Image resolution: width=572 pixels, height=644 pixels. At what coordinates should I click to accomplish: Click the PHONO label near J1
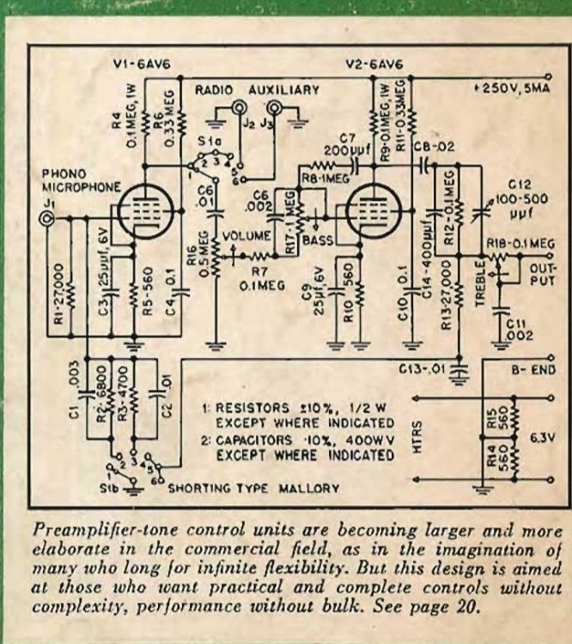click(x=60, y=173)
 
